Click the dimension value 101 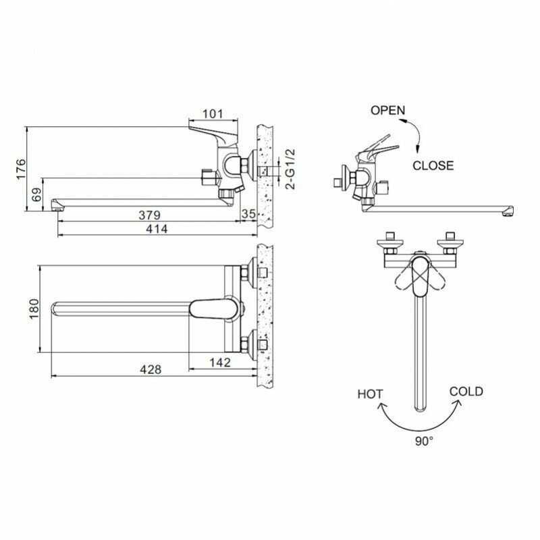(x=213, y=113)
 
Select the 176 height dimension (x=21, y=169)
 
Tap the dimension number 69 (x=36, y=194)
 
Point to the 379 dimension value (x=149, y=215)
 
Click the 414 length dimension (x=157, y=229)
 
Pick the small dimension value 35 (x=248, y=214)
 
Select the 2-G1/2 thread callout (x=291, y=169)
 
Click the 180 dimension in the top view (x=34, y=309)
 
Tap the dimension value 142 (x=220, y=362)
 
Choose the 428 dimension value (x=151, y=369)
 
